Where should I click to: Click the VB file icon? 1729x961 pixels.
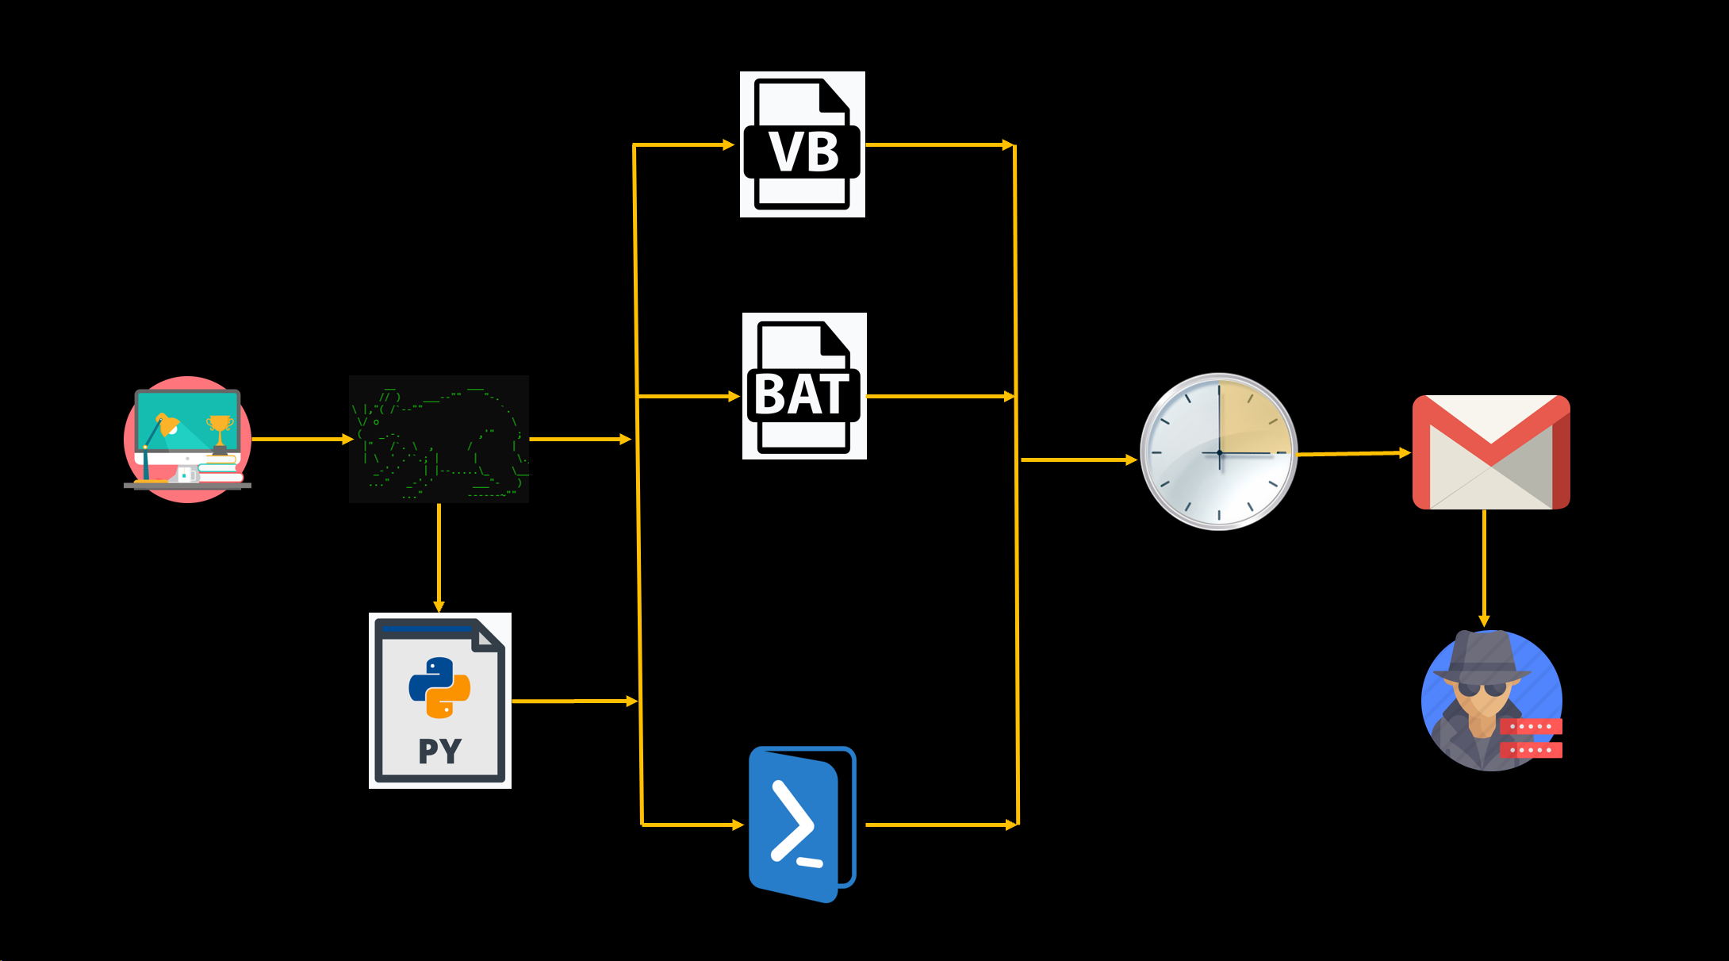[x=803, y=144]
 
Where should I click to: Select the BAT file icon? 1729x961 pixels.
[x=804, y=386]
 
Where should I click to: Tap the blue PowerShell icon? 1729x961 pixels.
[x=803, y=825]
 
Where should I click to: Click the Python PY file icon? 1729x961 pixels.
[x=440, y=701]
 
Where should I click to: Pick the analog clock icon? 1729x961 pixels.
[x=1219, y=452]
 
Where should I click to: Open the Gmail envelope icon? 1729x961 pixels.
[x=1491, y=452]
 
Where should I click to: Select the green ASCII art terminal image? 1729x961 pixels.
[x=439, y=439]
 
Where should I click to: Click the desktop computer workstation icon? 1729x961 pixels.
[x=187, y=439]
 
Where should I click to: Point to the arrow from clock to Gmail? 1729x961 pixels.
[x=1355, y=454]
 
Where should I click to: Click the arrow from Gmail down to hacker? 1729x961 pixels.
[x=1484, y=568]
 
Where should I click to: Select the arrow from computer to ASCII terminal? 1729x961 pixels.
[x=303, y=439]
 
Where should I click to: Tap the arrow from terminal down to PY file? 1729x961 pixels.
[x=439, y=558]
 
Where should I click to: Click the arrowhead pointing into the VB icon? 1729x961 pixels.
[x=729, y=145]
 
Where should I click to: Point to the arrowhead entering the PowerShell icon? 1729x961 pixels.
[x=738, y=825]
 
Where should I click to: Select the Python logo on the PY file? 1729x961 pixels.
[x=440, y=687]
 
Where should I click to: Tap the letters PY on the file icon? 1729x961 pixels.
[x=440, y=751]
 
